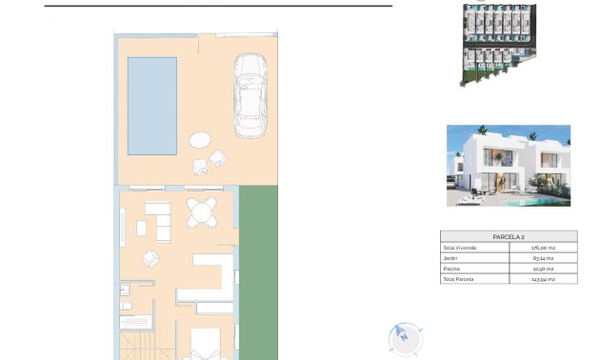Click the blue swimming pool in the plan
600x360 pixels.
(x=152, y=105)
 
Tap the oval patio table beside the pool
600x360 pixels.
(x=201, y=140)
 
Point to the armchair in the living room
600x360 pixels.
(x=151, y=257)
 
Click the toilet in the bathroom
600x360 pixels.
(x=126, y=306)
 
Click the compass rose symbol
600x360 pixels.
(x=405, y=337)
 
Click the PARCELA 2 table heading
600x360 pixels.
(x=508, y=236)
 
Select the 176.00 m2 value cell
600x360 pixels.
(x=543, y=248)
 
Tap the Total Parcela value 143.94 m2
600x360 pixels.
(x=543, y=279)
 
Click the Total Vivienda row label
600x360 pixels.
(x=461, y=248)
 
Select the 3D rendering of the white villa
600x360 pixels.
(x=508, y=166)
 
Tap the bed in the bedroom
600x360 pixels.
(x=205, y=345)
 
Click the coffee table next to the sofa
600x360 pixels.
(x=142, y=228)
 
